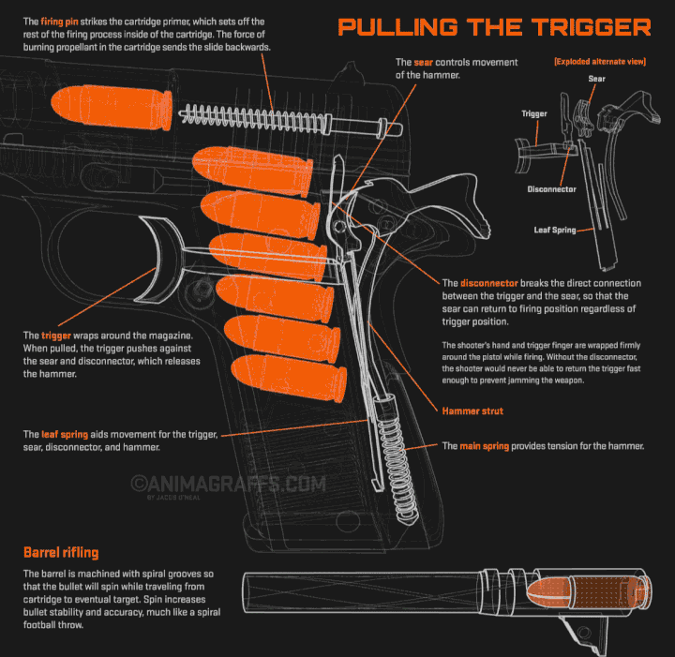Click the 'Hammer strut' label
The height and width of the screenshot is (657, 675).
coord(472,411)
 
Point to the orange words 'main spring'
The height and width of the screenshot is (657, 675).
coord(484,446)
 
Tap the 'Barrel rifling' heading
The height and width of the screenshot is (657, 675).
coord(61,552)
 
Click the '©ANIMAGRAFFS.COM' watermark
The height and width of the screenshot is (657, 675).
coord(228,484)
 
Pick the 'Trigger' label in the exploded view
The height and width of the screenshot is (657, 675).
coord(534,114)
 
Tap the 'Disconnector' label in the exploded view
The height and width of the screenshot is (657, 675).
coord(551,189)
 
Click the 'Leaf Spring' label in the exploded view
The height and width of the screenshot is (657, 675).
coord(554,228)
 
